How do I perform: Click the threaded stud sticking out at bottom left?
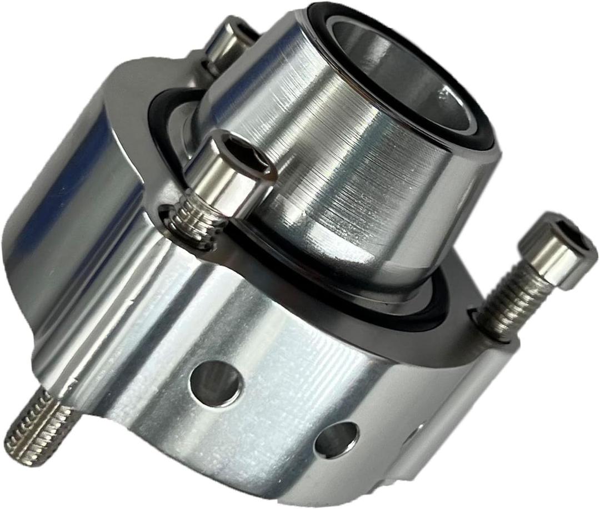point(39,425)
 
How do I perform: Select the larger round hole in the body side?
point(216,383)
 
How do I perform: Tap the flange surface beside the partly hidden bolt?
point(167,78)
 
